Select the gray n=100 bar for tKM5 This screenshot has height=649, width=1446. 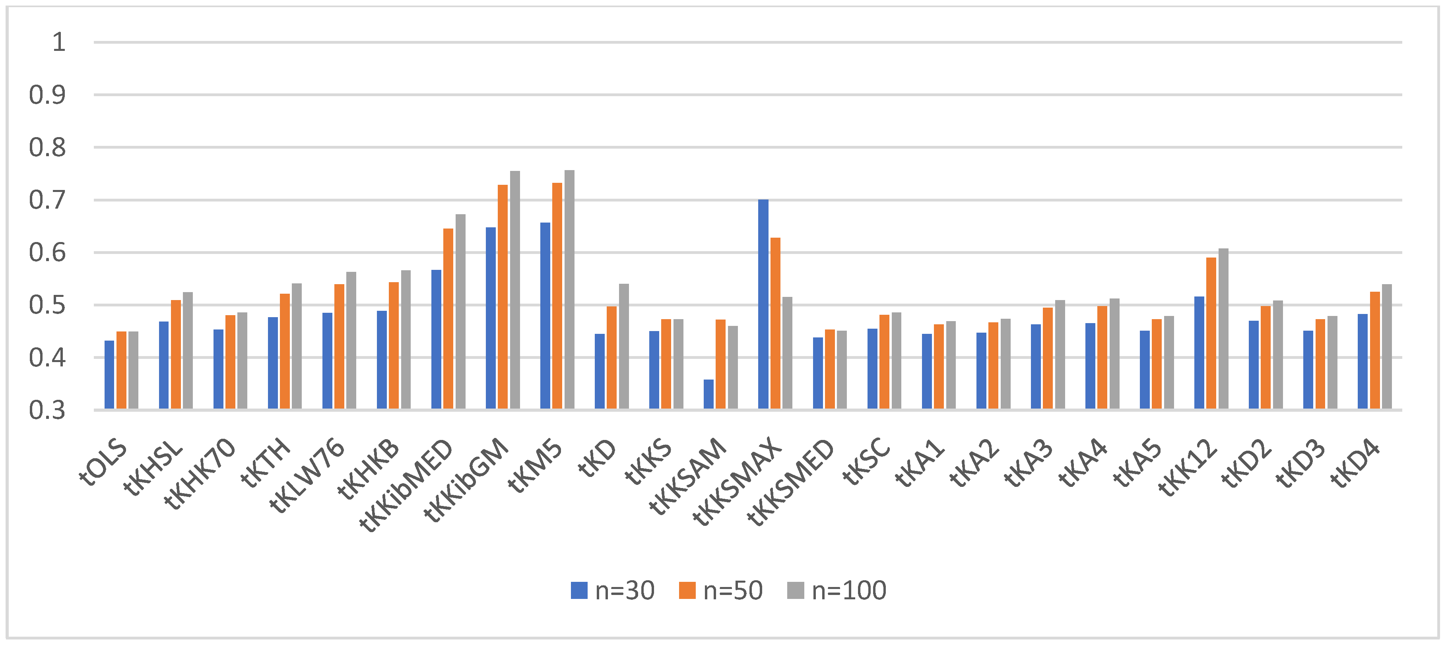coord(569,289)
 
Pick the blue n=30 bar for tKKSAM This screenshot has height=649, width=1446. coord(708,394)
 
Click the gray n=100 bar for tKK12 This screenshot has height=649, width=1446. coord(1223,329)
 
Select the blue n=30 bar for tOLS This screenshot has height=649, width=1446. coord(109,375)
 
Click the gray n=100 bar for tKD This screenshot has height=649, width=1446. coord(624,346)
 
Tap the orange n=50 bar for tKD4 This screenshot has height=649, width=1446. coord(1375,350)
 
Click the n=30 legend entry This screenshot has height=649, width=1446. coord(612,591)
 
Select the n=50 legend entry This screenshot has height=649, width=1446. coord(721,591)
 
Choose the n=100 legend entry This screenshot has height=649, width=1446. coord(837,591)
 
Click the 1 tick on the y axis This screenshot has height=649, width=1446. coord(58,43)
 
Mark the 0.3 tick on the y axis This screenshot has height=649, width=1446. coord(47,411)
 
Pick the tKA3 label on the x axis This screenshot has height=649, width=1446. coord(1029,463)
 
